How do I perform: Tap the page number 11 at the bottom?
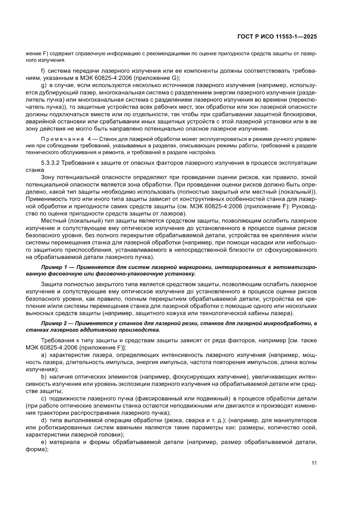pos(313,462)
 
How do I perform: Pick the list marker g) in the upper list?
pos(43,84)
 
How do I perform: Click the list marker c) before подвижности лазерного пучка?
pos(43,399)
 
